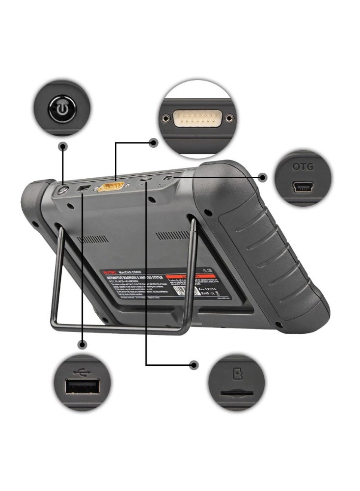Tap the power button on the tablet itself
[x=63, y=190]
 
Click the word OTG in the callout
[x=303, y=167]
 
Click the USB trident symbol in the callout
[x=82, y=372]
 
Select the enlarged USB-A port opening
[x=82, y=388]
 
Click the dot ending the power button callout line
[x=62, y=146]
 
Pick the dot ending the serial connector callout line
[x=153, y=143]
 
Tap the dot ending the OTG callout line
[x=263, y=177]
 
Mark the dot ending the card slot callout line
[x=194, y=365]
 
